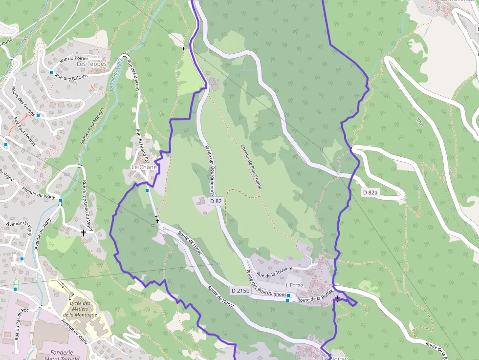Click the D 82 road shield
(x=216, y=201)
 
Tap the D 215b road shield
(x=240, y=291)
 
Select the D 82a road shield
(x=371, y=192)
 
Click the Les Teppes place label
(x=88, y=64)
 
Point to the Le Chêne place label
(x=144, y=167)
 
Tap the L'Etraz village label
(x=295, y=285)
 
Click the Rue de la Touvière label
(x=274, y=272)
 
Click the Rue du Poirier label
(x=74, y=59)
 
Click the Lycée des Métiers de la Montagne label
(x=80, y=309)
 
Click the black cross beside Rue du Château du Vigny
(x=84, y=233)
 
